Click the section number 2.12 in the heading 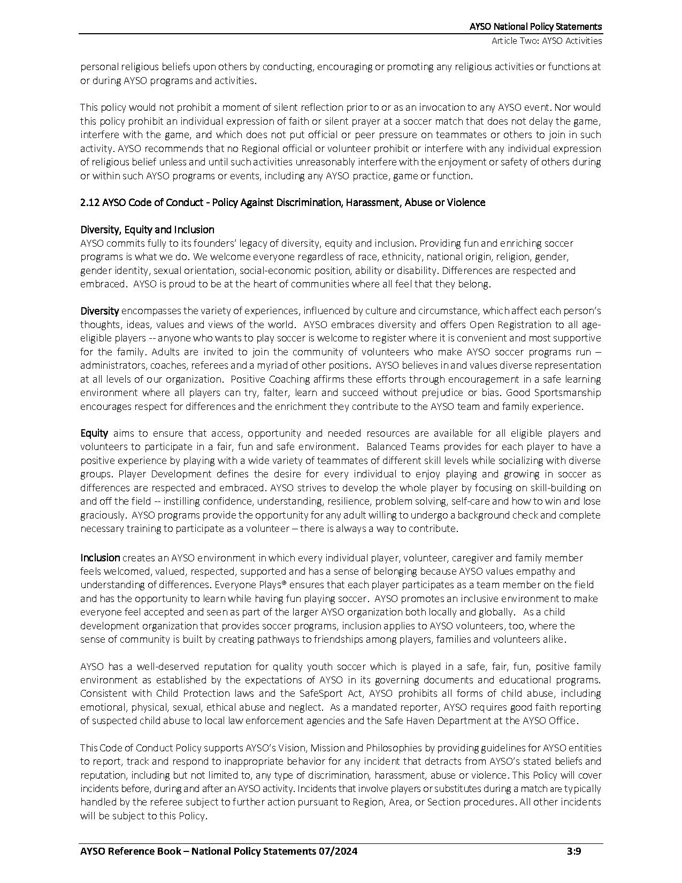click(x=89, y=202)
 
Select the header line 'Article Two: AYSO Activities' click(x=547, y=41)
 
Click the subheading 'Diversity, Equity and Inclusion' click(x=147, y=230)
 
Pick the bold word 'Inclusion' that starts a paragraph click(x=100, y=558)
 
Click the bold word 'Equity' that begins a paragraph click(x=94, y=433)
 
